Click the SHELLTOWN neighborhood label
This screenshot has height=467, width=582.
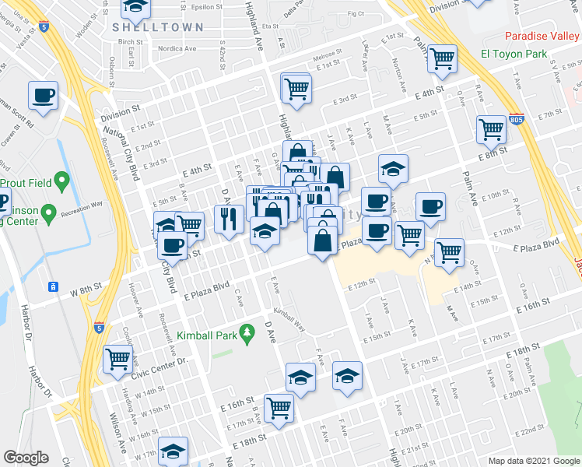pyautogui.click(x=158, y=27)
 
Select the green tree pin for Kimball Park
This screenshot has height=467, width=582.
pyautogui.click(x=248, y=333)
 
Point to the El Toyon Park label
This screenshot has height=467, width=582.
pyautogui.click(x=514, y=54)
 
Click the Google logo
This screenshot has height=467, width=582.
pyautogui.click(x=26, y=458)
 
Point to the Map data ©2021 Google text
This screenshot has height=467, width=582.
pyautogui.click(x=534, y=461)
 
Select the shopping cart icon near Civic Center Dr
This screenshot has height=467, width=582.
pyautogui.click(x=117, y=359)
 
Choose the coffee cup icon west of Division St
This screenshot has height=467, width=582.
pyautogui.click(x=44, y=96)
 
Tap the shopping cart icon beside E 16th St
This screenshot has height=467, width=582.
pyautogui.click(x=279, y=407)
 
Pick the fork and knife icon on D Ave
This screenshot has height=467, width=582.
pyautogui.click(x=229, y=217)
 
